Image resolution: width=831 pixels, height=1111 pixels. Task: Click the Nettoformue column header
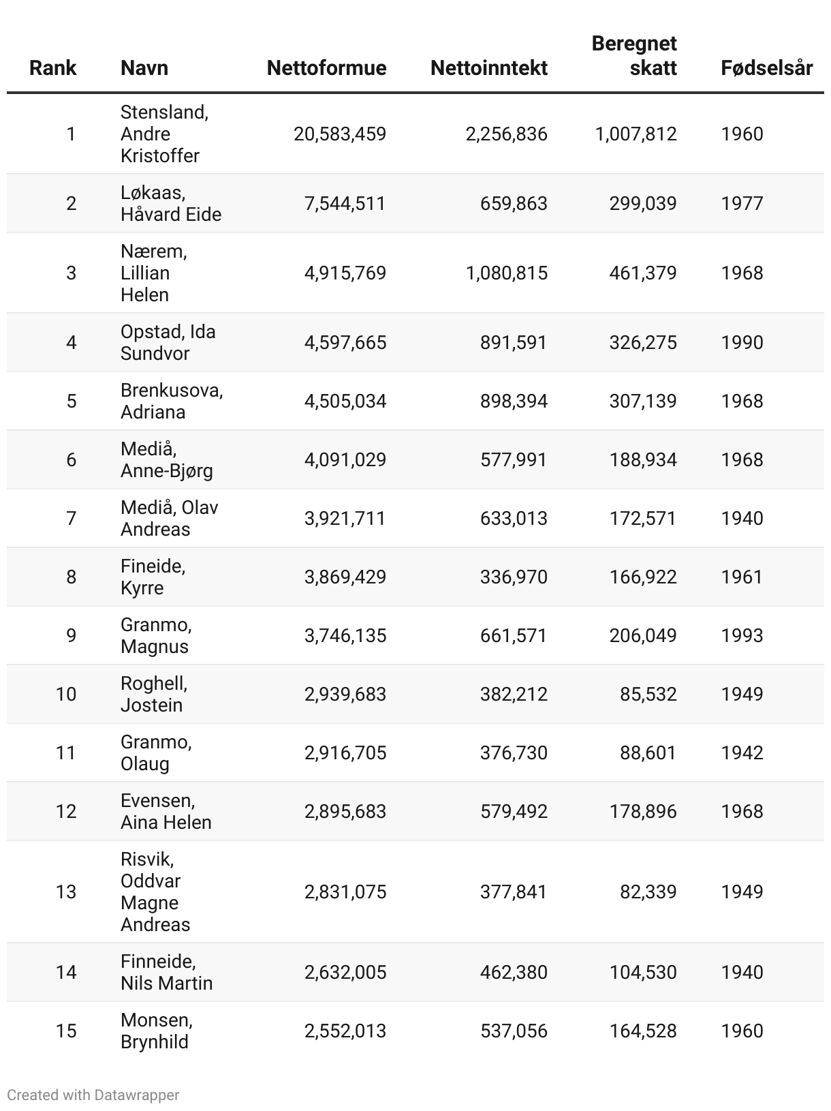326,68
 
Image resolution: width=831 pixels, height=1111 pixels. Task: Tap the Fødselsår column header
766,68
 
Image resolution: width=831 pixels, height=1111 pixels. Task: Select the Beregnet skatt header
634,56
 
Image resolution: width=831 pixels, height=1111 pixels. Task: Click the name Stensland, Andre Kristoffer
164,134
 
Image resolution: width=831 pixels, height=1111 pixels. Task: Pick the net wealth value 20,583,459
340,134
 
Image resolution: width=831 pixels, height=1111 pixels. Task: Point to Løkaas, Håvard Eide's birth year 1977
742,204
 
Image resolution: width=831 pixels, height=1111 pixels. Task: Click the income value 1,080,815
506,273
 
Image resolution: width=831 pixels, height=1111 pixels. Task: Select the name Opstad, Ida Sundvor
168,342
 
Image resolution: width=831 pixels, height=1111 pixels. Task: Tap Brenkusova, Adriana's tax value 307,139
643,401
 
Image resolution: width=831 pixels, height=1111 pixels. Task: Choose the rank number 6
72,460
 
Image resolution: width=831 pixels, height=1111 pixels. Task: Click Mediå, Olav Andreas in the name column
169,518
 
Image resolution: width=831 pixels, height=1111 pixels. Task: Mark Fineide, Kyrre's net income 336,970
514,577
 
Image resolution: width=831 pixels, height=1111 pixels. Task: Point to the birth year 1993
742,636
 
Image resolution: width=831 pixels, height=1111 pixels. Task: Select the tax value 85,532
648,695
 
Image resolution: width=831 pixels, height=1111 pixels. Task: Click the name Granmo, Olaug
156,752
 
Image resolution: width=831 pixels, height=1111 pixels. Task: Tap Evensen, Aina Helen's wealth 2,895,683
345,812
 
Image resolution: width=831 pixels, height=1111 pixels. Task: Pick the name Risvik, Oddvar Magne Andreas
155,892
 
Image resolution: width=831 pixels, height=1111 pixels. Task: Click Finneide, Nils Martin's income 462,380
514,973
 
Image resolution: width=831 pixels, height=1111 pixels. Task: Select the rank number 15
66,1031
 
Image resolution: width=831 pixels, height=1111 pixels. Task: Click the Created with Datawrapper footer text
93,1095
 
